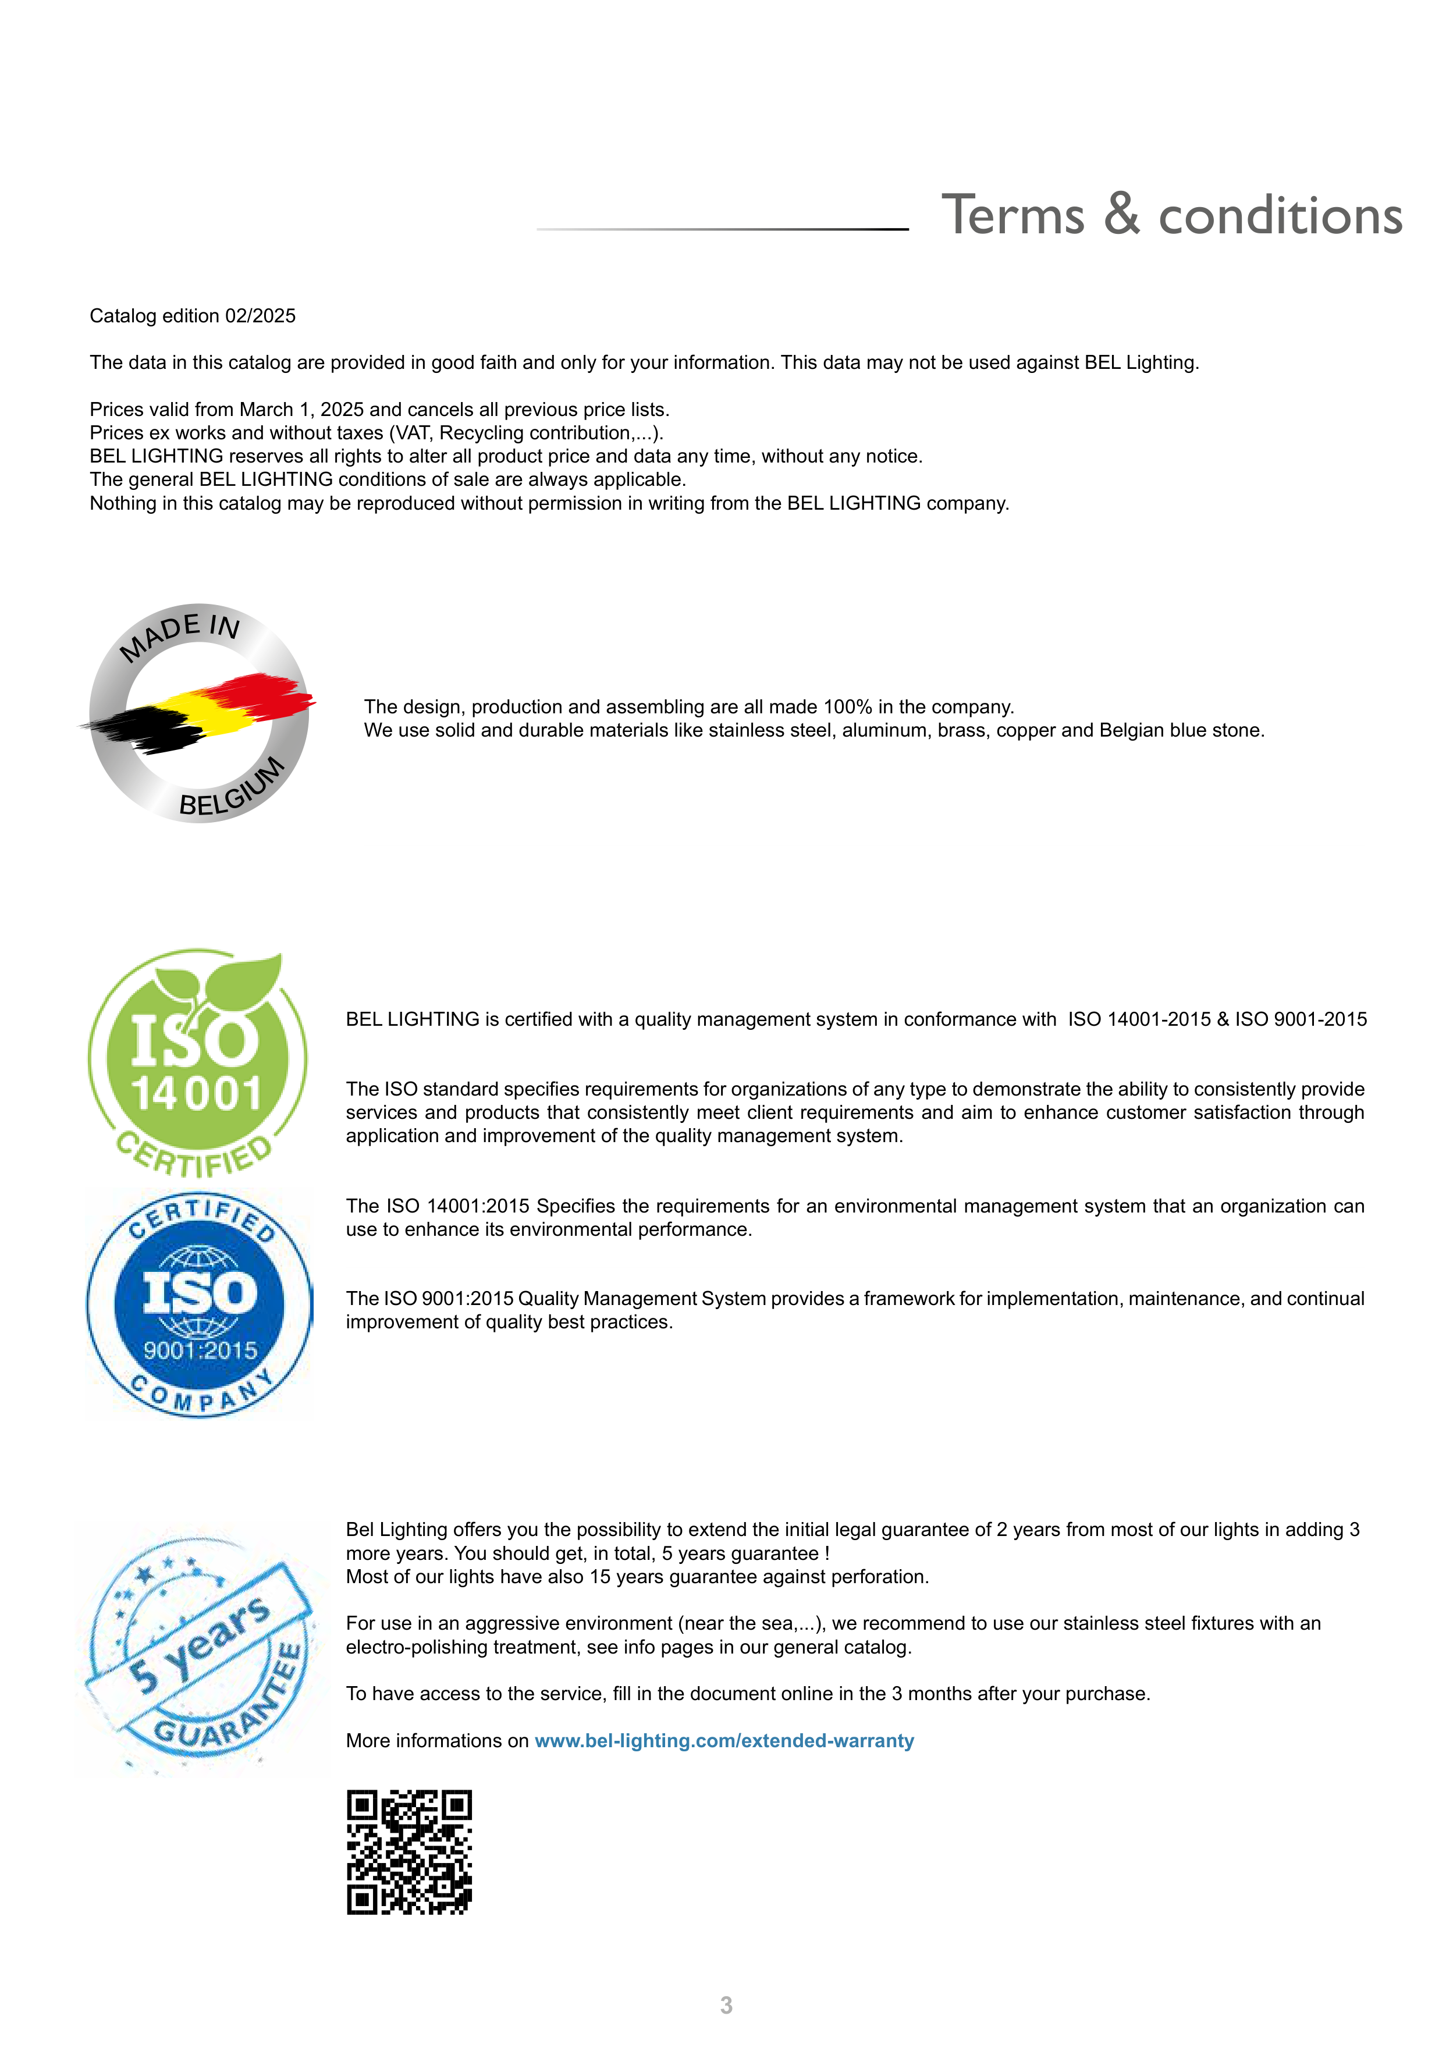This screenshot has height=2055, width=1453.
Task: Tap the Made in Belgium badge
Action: (x=199, y=713)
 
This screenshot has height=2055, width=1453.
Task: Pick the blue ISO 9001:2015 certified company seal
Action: (x=200, y=1304)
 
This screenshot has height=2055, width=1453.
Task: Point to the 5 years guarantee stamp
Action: (x=201, y=1649)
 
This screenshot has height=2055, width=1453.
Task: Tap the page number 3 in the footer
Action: (x=726, y=2006)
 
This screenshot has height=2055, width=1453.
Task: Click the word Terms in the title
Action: (x=1013, y=216)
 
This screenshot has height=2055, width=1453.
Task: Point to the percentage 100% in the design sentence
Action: (x=847, y=707)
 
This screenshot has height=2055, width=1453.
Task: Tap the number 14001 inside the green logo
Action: (x=197, y=1094)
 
